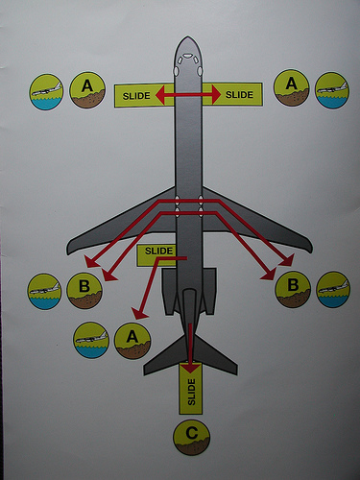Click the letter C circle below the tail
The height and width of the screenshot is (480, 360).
tap(191, 437)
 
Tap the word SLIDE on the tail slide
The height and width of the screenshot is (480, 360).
tap(191, 392)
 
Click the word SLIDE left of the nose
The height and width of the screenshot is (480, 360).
tap(136, 96)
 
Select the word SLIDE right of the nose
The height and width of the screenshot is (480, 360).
tap(239, 95)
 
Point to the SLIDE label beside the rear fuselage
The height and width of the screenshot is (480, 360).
tap(158, 251)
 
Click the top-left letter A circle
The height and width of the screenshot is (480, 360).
tap(87, 90)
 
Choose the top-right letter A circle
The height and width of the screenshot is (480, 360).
tap(291, 88)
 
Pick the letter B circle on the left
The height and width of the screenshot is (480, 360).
tap(84, 290)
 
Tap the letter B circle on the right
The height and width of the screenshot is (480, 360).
tap(293, 289)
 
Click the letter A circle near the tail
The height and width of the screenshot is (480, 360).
tap(132, 341)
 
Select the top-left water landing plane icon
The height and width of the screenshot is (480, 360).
tap(46, 92)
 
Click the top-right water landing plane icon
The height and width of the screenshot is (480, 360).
tap(332, 90)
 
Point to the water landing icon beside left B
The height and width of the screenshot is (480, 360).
tap(44, 292)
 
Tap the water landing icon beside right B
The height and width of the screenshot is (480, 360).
tap(333, 290)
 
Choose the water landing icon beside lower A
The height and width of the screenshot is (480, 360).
tap(91, 340)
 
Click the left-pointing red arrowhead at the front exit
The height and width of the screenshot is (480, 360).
tap(160, 95)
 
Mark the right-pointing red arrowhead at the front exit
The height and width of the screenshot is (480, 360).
tap(216, 94)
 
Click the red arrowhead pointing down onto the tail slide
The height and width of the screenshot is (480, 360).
tap(191, 368)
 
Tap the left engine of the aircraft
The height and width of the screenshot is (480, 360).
tap(170, 291)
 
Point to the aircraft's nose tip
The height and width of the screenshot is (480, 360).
tap(188, 36)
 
